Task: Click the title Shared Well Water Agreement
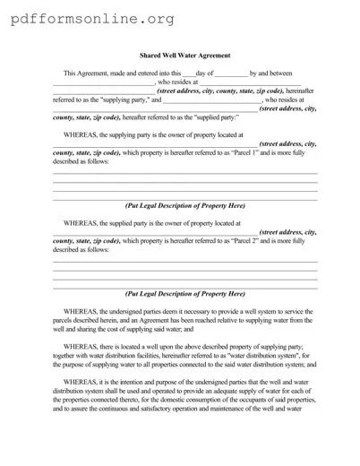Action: pyautogui.click(x=185, y=56)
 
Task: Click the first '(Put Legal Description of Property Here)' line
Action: pyautogui.click(x=185, y=205)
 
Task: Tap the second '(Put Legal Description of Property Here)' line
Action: pyautogui.click(x=185, y=293)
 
